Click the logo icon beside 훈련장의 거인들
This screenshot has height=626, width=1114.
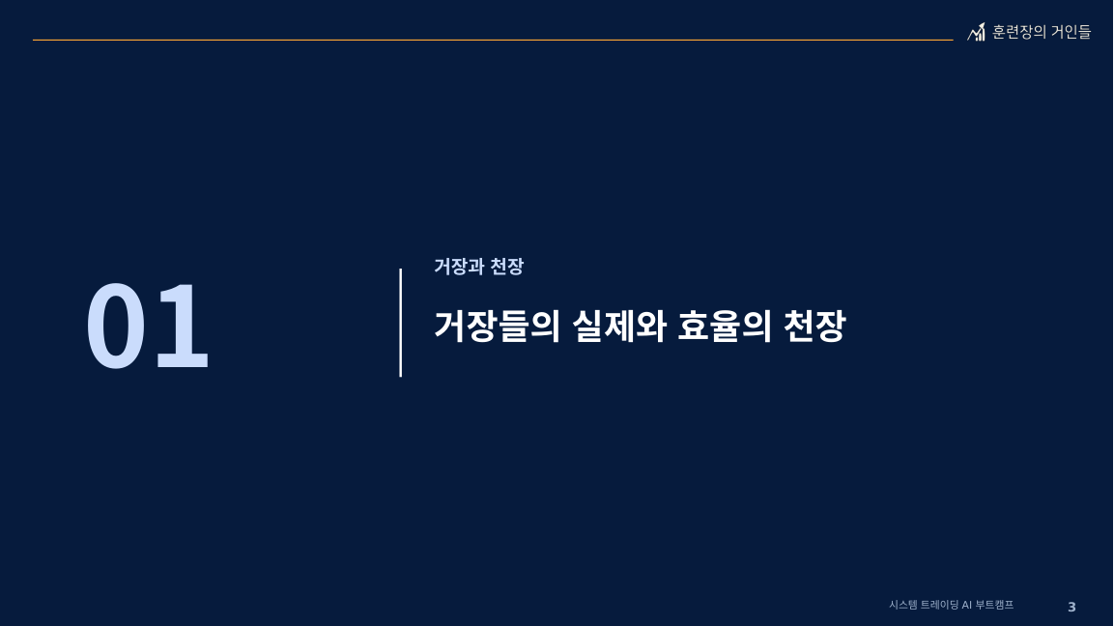[977, 32]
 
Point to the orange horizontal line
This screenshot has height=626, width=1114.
[493, 40]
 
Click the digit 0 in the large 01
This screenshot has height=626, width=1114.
[116, 326]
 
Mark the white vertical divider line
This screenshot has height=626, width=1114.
[401, 323]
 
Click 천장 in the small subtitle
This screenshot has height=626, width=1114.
[507, 267]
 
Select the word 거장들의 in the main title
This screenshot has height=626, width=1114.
[498, 327]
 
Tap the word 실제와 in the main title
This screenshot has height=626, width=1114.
[618, 327]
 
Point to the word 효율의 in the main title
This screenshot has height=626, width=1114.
[724, 327]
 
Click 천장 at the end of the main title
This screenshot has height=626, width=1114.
[814, 327]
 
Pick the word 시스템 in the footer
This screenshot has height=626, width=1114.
[902, 605]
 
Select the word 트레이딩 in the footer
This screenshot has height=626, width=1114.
[939, 605]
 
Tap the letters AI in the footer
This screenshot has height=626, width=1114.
[966, 605]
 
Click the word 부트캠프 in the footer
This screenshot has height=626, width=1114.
[994, 605]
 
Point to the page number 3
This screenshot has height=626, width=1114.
[1072, 607]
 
